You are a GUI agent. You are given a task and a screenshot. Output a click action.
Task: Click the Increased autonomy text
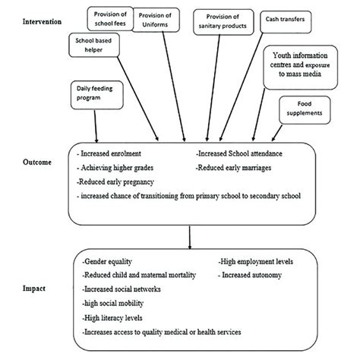251,274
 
